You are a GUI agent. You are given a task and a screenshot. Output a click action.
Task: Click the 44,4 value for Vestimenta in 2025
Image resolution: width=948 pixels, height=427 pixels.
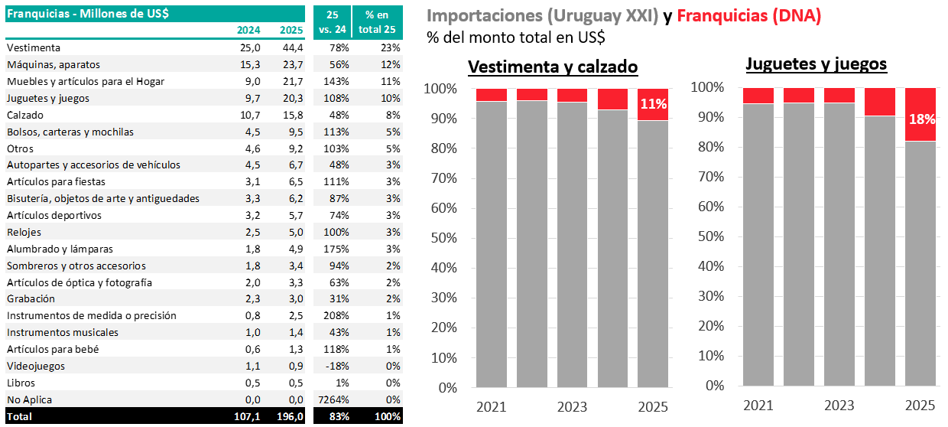tap(294, 47)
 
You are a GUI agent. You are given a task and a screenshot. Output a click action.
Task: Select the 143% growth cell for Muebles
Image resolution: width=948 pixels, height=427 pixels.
tap(337, 81)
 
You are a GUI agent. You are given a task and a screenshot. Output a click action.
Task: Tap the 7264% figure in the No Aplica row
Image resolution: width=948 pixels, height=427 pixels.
tap(333, 399)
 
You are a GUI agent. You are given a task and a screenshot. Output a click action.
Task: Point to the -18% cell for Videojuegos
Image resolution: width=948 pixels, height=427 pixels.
tap(337, 366)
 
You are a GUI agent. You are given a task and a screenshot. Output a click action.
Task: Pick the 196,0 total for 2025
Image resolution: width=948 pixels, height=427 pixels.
tap(291, 416)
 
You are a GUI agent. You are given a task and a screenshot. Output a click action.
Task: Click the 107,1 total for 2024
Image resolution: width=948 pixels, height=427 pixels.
tap(247, 416)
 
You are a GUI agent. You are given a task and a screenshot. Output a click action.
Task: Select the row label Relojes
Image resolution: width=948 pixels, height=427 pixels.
tap(24, 232)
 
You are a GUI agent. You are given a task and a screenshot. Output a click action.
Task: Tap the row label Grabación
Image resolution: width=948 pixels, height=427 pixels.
tap(31, 298)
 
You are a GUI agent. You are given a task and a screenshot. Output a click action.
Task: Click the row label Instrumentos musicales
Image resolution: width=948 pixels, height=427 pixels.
tap(63, 332)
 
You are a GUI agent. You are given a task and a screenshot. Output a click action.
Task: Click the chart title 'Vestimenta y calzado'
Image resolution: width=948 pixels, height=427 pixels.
tap(553, 67)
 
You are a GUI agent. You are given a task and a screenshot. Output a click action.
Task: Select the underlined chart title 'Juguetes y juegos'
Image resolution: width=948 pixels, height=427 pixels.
tap(816, 64)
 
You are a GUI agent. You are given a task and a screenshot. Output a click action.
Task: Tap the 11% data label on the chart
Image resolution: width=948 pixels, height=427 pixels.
tap(653, 104)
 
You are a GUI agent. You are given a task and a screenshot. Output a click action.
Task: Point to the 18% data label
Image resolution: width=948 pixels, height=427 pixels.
tap(921, 119)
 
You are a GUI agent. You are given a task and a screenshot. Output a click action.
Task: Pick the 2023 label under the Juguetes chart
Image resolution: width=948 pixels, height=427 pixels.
tap(839, 406)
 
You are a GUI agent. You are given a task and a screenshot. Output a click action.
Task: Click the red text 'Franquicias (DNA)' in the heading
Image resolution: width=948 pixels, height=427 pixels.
tap(749, 16)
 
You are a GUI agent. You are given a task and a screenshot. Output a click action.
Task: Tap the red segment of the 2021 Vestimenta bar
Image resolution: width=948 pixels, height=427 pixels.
tap(491, 95)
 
